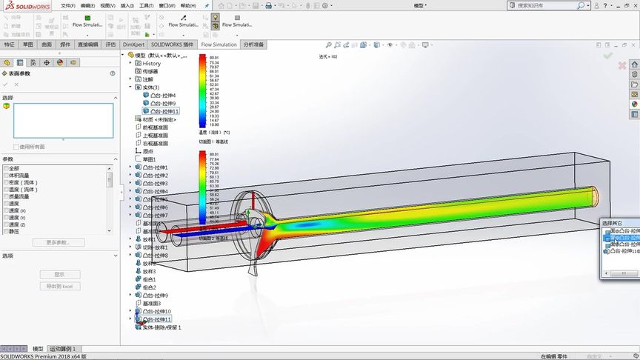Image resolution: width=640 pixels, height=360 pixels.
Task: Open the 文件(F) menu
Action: (x=67, y=5)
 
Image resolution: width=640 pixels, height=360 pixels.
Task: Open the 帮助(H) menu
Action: (x=187, y=5)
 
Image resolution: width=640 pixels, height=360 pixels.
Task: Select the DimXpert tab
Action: (x=133, y=44)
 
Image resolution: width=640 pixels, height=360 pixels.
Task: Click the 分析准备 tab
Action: (x=253, y=44)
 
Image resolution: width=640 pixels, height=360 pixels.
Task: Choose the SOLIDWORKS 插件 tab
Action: (x=172, y=44)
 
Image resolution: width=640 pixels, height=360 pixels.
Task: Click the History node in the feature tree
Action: (x=151, y=63)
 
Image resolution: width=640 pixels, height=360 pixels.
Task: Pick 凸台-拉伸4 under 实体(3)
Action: (x=162, y=95)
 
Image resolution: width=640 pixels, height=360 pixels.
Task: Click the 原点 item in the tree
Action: (x=148, y=151)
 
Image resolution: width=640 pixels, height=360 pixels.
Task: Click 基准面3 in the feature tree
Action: (x=151, y=303)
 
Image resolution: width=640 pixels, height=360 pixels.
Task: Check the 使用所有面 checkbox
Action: (x=16, y=147)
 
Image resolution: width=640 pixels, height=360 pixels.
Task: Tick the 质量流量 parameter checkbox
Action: (x=7, y=196)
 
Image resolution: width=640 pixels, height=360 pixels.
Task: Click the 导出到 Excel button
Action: (x=60, y=286)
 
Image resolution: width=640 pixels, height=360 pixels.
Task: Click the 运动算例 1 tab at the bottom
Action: (x=62, y=348)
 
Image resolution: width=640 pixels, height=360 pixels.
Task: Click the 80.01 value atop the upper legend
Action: (x=214, y=57)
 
